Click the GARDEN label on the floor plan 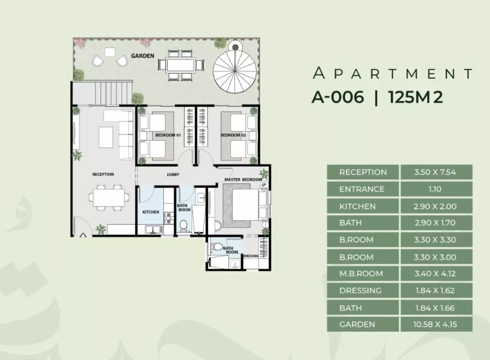(143, 56)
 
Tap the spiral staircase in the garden (235, 71)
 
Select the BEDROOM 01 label (168, 135)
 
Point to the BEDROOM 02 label (234, 135)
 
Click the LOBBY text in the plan (173, 175)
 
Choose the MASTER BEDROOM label (243, 180)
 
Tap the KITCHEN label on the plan (150, 212)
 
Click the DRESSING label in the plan (251, 256)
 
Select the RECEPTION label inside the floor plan (103, 174)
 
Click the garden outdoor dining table (180, 66)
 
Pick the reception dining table (109, 197)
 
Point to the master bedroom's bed (247, 205)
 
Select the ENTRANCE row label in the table (362, 189)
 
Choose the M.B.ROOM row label (361, 274)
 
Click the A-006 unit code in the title (338, 97)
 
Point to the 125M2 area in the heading (416, 97)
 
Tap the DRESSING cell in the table (360, 290)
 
